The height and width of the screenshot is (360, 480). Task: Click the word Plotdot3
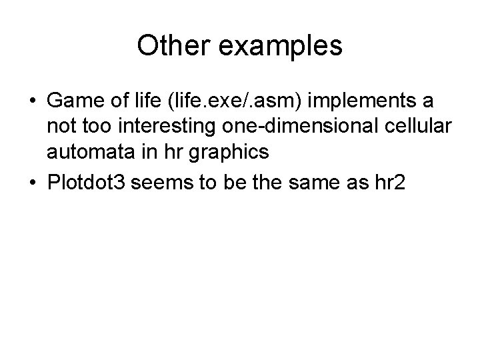pyautogui.click(x=87, y=184)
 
